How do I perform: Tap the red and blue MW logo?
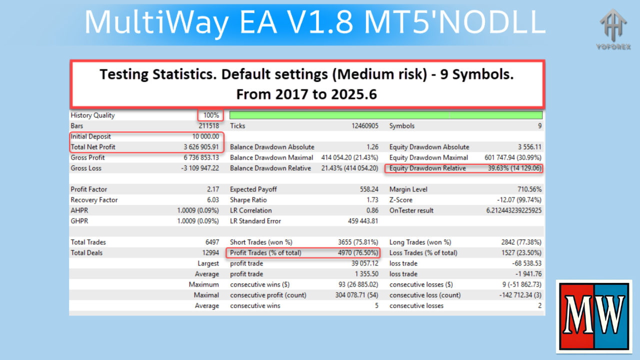pos(594,316)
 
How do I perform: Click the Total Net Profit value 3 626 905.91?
pos(198,147)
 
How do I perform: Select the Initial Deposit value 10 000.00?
pos(201,136)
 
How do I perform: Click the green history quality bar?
pos(386,115)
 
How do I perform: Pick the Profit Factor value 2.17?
pos(212,189)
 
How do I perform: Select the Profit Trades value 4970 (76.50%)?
pos(358,253)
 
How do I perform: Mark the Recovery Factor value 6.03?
pos(211,200)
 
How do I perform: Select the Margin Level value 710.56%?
pos(529,189)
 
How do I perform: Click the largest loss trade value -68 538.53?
pos(523,263)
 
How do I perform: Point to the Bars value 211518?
pos(207,126)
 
